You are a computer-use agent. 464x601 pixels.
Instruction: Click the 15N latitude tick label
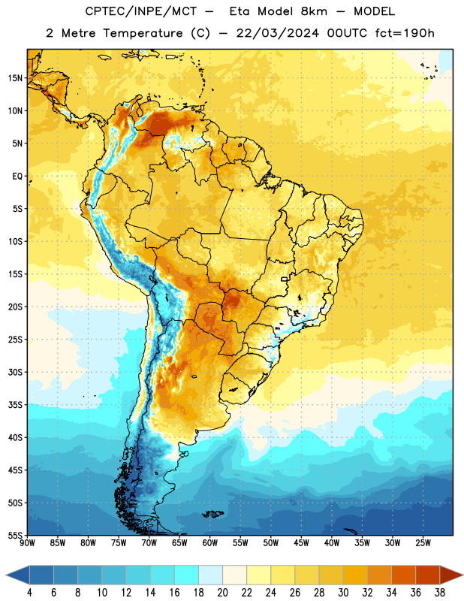pos(15,78)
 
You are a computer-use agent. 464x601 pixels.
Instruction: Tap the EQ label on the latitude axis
pos(17,177)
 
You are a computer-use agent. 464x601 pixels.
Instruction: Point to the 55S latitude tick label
pos(15,535)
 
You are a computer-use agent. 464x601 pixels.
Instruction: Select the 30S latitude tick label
pos(15,372)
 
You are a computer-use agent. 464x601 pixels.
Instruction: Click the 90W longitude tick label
pos(27,543)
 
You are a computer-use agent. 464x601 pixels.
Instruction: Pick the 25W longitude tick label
pos(423,543)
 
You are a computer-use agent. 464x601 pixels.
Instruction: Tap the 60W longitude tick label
pos(210,543)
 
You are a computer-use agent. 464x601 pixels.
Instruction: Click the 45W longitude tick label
pos(301,543)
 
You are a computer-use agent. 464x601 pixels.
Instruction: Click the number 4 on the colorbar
pos(29,593)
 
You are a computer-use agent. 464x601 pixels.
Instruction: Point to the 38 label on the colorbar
pos(440,593)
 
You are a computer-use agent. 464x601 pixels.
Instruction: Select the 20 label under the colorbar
pos(222,593)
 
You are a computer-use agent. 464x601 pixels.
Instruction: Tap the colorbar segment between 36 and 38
pos(428,575)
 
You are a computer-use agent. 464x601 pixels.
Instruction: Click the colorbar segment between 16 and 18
pos(187,575)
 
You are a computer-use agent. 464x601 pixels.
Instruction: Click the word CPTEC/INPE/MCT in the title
pos(141,12)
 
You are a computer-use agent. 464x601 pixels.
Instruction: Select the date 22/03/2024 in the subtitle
pos(277,33)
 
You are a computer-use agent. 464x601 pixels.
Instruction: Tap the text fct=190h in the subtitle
pos(405,33)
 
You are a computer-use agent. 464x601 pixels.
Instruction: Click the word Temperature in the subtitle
pos(143,33)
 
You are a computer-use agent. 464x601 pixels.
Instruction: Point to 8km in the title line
pos(314,12)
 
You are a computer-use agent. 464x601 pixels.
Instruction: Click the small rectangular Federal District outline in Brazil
pos(285,279)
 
